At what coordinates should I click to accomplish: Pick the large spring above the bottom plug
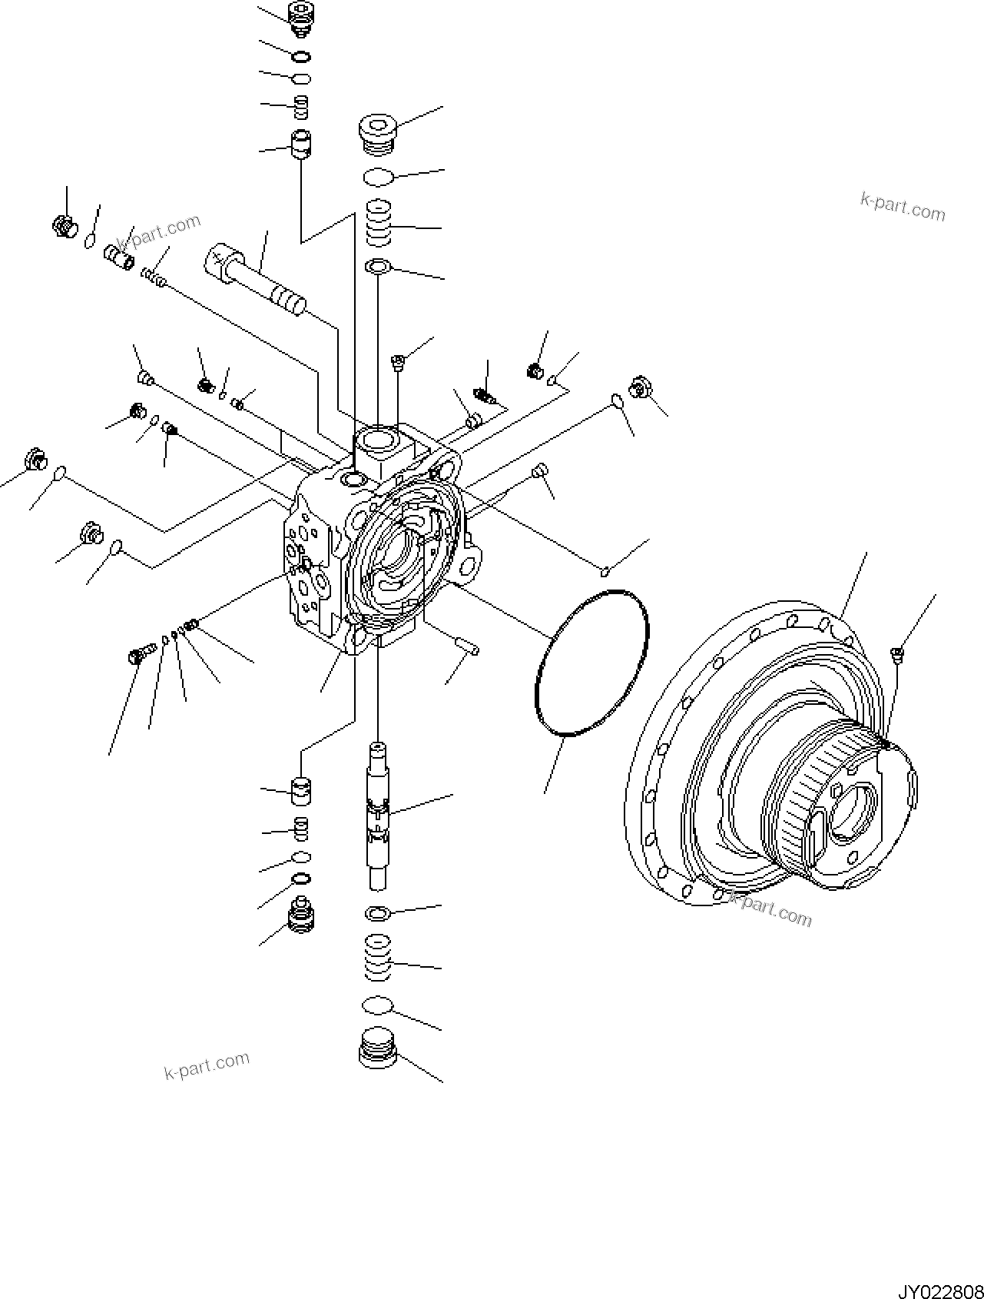[x=377, y=958]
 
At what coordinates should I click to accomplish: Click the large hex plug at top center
[x=377, y=134]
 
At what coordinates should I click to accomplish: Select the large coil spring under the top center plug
[x=378, y=223]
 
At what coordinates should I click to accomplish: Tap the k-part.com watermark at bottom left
[x=207, y=1065]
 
